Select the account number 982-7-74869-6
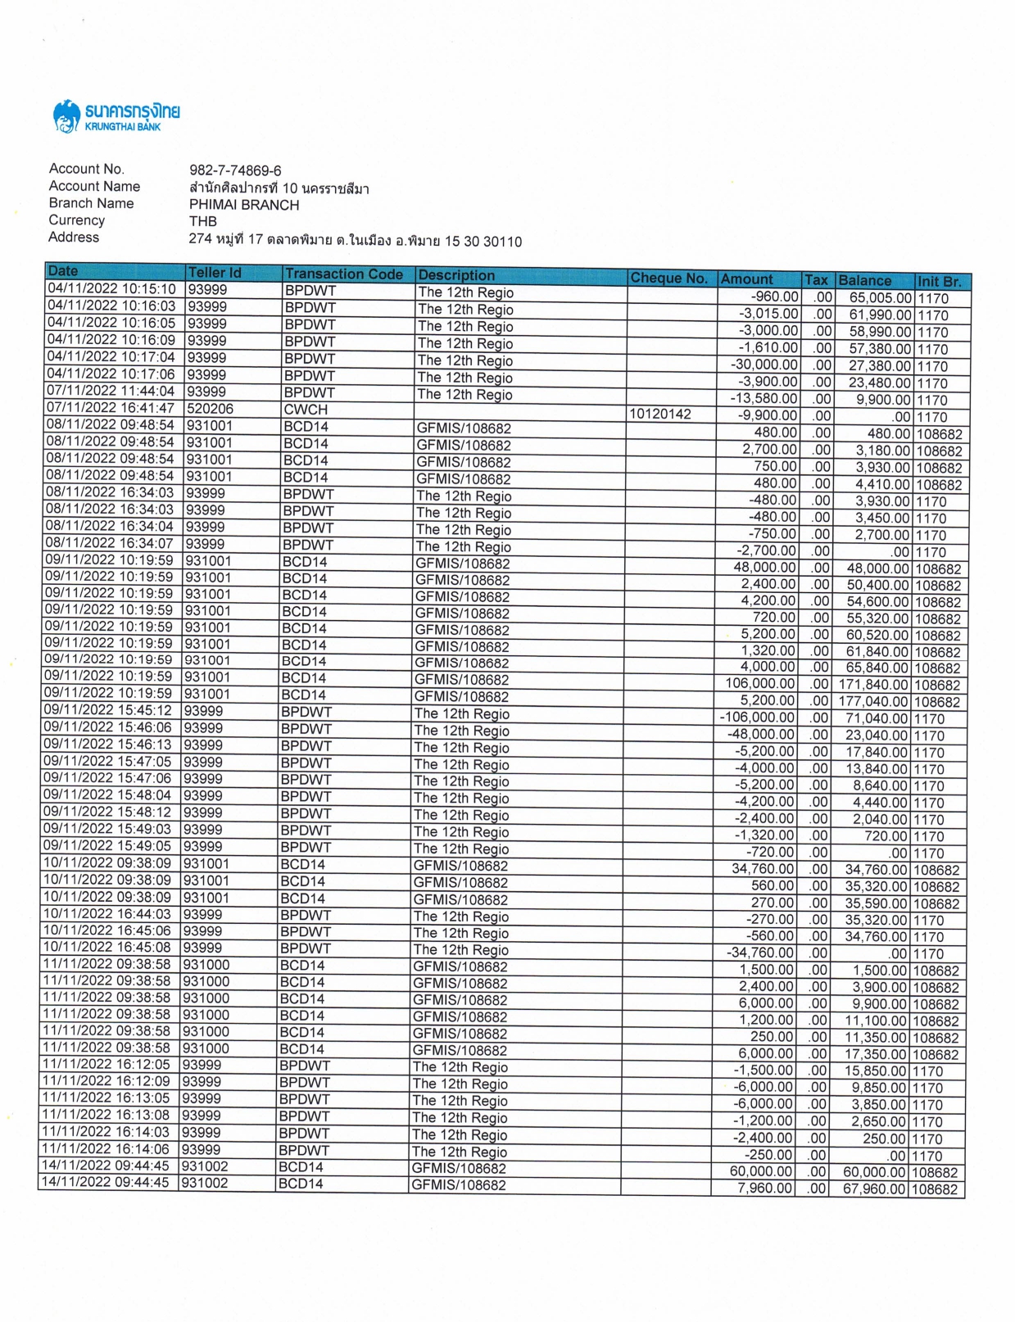[x=235, y=170]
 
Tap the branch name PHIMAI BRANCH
[x=244, y=205]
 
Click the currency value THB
[x=203, y=221]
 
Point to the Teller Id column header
[x=215, y=273]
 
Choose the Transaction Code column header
[x=344, y=274]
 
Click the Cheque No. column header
[x=668, y=278]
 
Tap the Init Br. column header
[x=939, y=281]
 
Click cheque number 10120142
[x=660, y=414]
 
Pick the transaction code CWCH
[x=306, y=410]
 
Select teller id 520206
[x=210, y=408]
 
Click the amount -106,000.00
[x=757, y=718]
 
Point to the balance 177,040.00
[x=873, y=702]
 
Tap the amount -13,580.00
[x=764, y=399]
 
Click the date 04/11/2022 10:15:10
[x=111, y=289]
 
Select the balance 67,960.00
[x=874, y=1188]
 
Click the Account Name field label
[x=94, y=187]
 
